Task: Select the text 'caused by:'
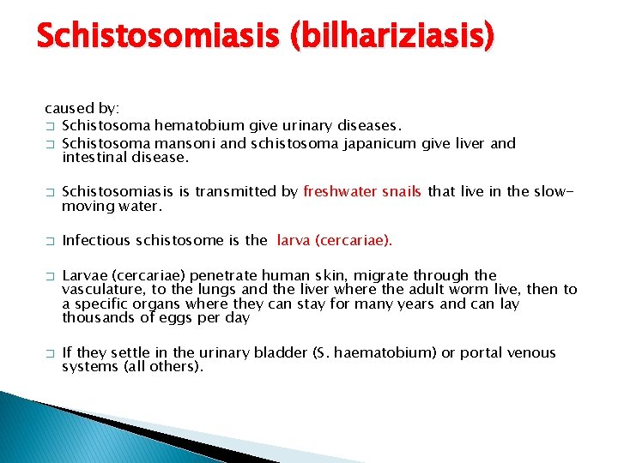82,109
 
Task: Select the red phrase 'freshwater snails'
362,191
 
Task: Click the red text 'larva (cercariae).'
334,240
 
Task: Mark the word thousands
96,317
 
